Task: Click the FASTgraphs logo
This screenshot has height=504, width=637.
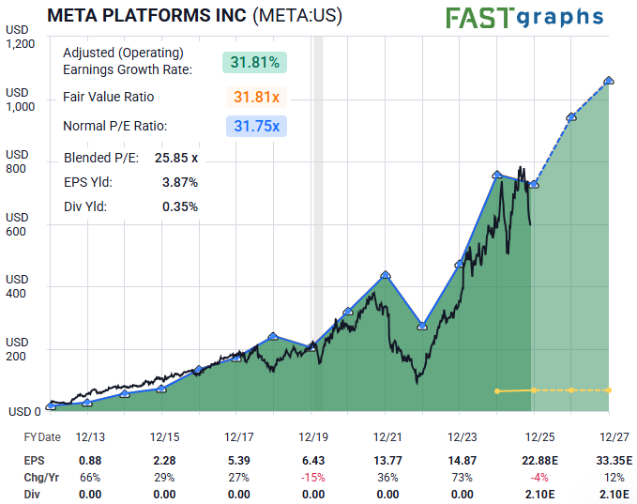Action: [x=523, y=18]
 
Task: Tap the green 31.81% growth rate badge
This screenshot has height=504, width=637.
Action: [x=254, y=63]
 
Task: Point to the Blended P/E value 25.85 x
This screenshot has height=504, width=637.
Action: [x=176, y=158]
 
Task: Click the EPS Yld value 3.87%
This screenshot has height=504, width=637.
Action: [x=179, y=182]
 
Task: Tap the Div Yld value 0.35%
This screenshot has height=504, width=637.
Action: [x=179, y=206]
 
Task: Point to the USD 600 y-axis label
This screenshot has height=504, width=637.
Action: [x=18, y=224]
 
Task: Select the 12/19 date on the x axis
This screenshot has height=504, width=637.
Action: [x=313, y=437]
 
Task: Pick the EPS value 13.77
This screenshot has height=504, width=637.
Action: [x=387, y=461]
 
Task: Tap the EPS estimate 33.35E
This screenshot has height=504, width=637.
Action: [x=613, y=461]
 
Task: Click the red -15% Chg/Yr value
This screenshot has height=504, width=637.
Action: [x=313, y=477]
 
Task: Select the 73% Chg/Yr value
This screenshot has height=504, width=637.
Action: [x=463, y=477]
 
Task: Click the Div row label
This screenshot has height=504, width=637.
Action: [x=33, y=493]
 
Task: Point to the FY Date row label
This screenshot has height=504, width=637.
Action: [x=42, y=437]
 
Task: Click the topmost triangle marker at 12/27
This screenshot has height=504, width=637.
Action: [x=610, y=81]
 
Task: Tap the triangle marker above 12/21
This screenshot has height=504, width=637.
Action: [x=386, y=274]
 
